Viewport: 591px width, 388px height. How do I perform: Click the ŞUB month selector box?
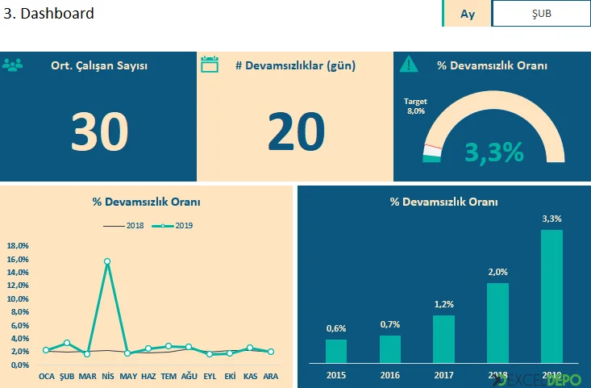[x=541, y=14]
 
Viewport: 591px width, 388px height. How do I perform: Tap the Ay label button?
[x=467, y=14]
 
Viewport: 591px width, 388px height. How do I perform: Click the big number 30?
[x=99, y=131]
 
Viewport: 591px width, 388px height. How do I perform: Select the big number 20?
[x=296, y=131]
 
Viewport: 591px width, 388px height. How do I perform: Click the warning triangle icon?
[x=409, y=65]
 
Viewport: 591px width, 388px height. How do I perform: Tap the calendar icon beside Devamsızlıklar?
[x=210, y=65]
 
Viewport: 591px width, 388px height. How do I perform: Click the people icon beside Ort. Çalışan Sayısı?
[x=13, y=65]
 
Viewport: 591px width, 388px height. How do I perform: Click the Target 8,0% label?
[x=415, y=106]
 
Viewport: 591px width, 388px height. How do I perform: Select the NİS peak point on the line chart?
[x=107, y=261]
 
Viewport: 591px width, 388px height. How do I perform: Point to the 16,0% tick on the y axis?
[x=18, y=259]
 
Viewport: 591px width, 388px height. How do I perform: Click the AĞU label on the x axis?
[x=189, y=376]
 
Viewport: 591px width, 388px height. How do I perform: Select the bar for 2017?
[x=443, y=339]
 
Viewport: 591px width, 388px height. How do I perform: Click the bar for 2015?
[x=336, y=351]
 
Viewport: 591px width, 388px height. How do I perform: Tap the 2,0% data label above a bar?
[x=497, y=272]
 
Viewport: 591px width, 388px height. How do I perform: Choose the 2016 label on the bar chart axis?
[x=390, y=375]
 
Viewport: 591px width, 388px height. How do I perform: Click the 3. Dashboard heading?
[x=49, y=14]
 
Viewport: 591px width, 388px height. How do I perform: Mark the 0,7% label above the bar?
[x=390, y=324]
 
